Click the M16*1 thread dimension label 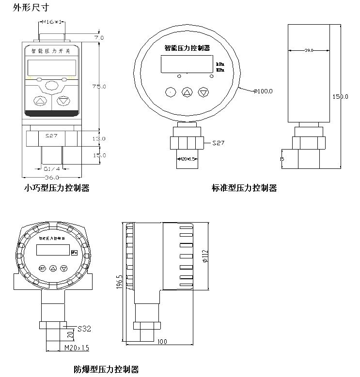pyautogui.click(x=54, y=22)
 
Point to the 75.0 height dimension pyautogui.click(x=99, y=86)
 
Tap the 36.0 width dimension pyautogui.click(x=52, y=178)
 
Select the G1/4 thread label pyautogui.click(x=52, y=169)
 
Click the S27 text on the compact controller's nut pyautogui.click(x=51, y=136)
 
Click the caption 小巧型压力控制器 pyautogui.click(x=57, y=188)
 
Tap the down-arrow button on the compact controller pyautogui.click(x=63, y=101)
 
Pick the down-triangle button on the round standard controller pyautogui.click(x=203, y=92)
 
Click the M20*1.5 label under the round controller pyautogui.click(x=187, y=159)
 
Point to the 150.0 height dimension pyautogui.click(x=340, y=96)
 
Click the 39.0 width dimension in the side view pyautogui.click(x=309, y=50)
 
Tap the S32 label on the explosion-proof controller pyautogui.click(x=84, y=329)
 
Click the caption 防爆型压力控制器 pyautogui.click(x=106, y=370)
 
